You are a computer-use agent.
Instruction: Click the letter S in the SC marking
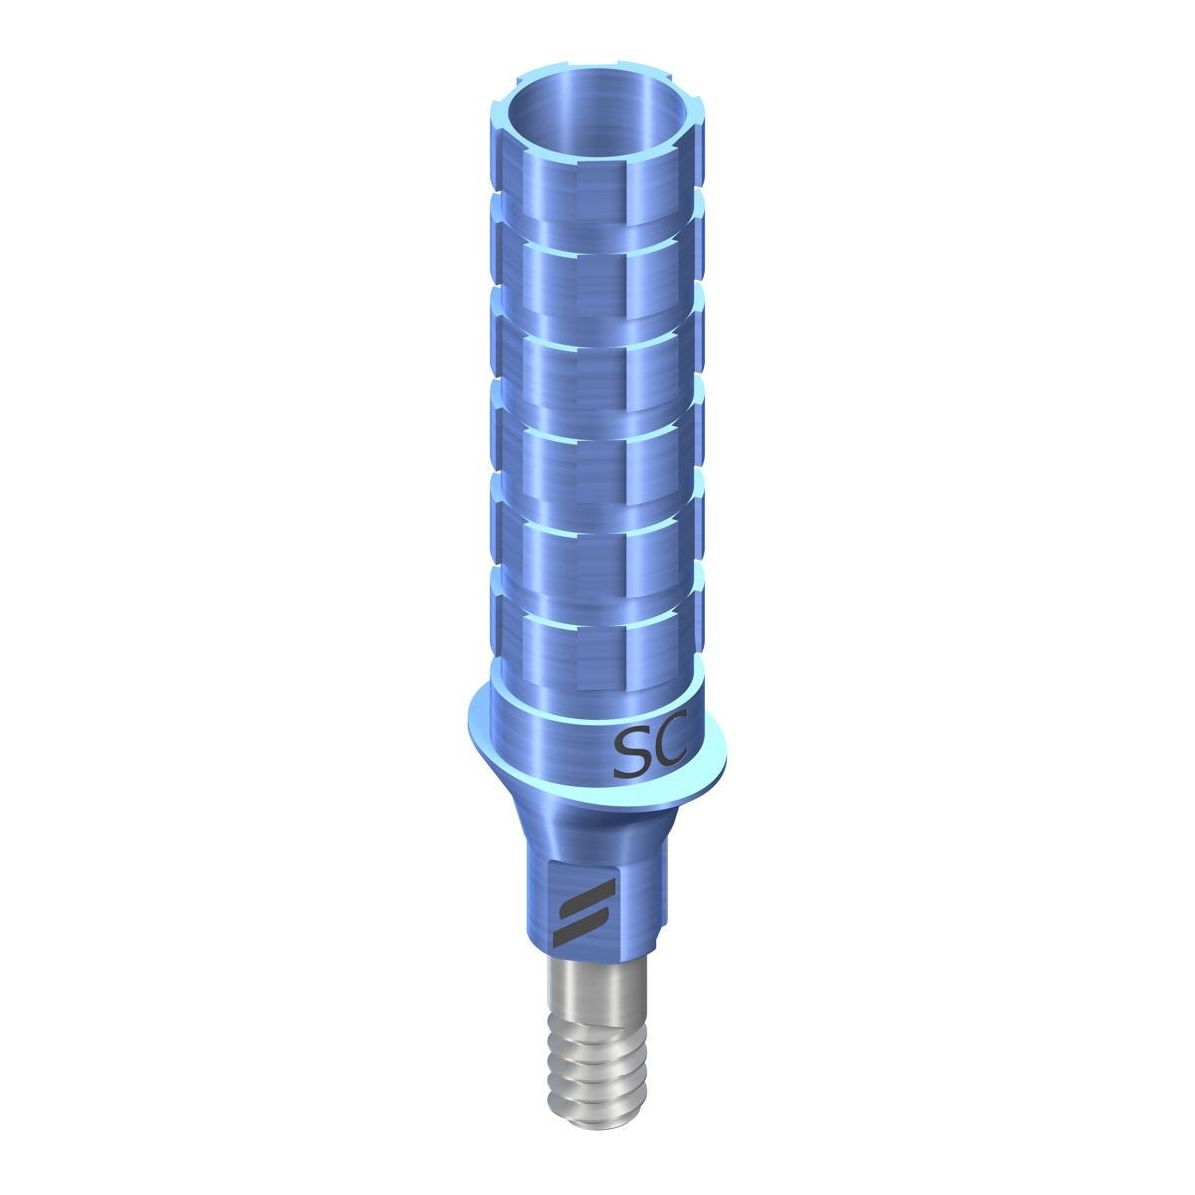630,754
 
